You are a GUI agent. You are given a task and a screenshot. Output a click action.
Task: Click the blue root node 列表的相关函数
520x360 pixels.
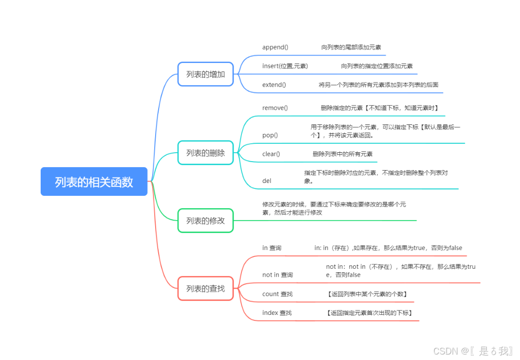coord(94,181)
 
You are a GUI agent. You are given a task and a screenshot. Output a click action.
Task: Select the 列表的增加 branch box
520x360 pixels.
coord(206,74)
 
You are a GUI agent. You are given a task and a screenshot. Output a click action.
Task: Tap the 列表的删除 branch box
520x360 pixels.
coord(206,153)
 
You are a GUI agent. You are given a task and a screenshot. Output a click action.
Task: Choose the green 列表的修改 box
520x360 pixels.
coord(206,221)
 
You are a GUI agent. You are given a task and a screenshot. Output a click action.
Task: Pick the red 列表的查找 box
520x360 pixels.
coord(206,288)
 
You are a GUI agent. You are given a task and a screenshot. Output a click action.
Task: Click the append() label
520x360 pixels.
coord(275,47)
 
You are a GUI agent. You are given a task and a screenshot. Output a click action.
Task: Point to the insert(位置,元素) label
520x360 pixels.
coord(285,66)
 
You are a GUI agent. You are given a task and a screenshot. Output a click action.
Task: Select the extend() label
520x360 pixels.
coord(274,85)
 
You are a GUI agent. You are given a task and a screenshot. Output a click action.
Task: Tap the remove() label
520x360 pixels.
coord(275,108)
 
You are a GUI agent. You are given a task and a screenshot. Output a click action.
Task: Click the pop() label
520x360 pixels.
coord(270,135)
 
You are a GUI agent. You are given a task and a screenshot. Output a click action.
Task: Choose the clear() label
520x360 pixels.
coord(271,154)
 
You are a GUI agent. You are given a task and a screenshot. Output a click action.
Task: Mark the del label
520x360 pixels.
coord(267,181)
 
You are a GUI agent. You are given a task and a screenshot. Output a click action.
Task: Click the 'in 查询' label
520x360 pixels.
coord(272,248)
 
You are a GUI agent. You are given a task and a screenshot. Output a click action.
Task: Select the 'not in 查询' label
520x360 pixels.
coord(278,275)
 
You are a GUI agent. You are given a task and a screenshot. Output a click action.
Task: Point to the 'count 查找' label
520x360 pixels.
coord(278,294)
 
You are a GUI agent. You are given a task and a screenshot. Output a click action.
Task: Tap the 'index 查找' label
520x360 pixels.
coord(277,313)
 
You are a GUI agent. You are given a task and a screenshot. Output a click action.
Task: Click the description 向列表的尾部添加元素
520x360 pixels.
coord(351,47)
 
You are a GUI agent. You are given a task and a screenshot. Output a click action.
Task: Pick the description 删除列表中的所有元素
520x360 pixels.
coord(343,154)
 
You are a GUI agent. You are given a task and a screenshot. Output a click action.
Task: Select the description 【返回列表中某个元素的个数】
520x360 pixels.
coord(367,294)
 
